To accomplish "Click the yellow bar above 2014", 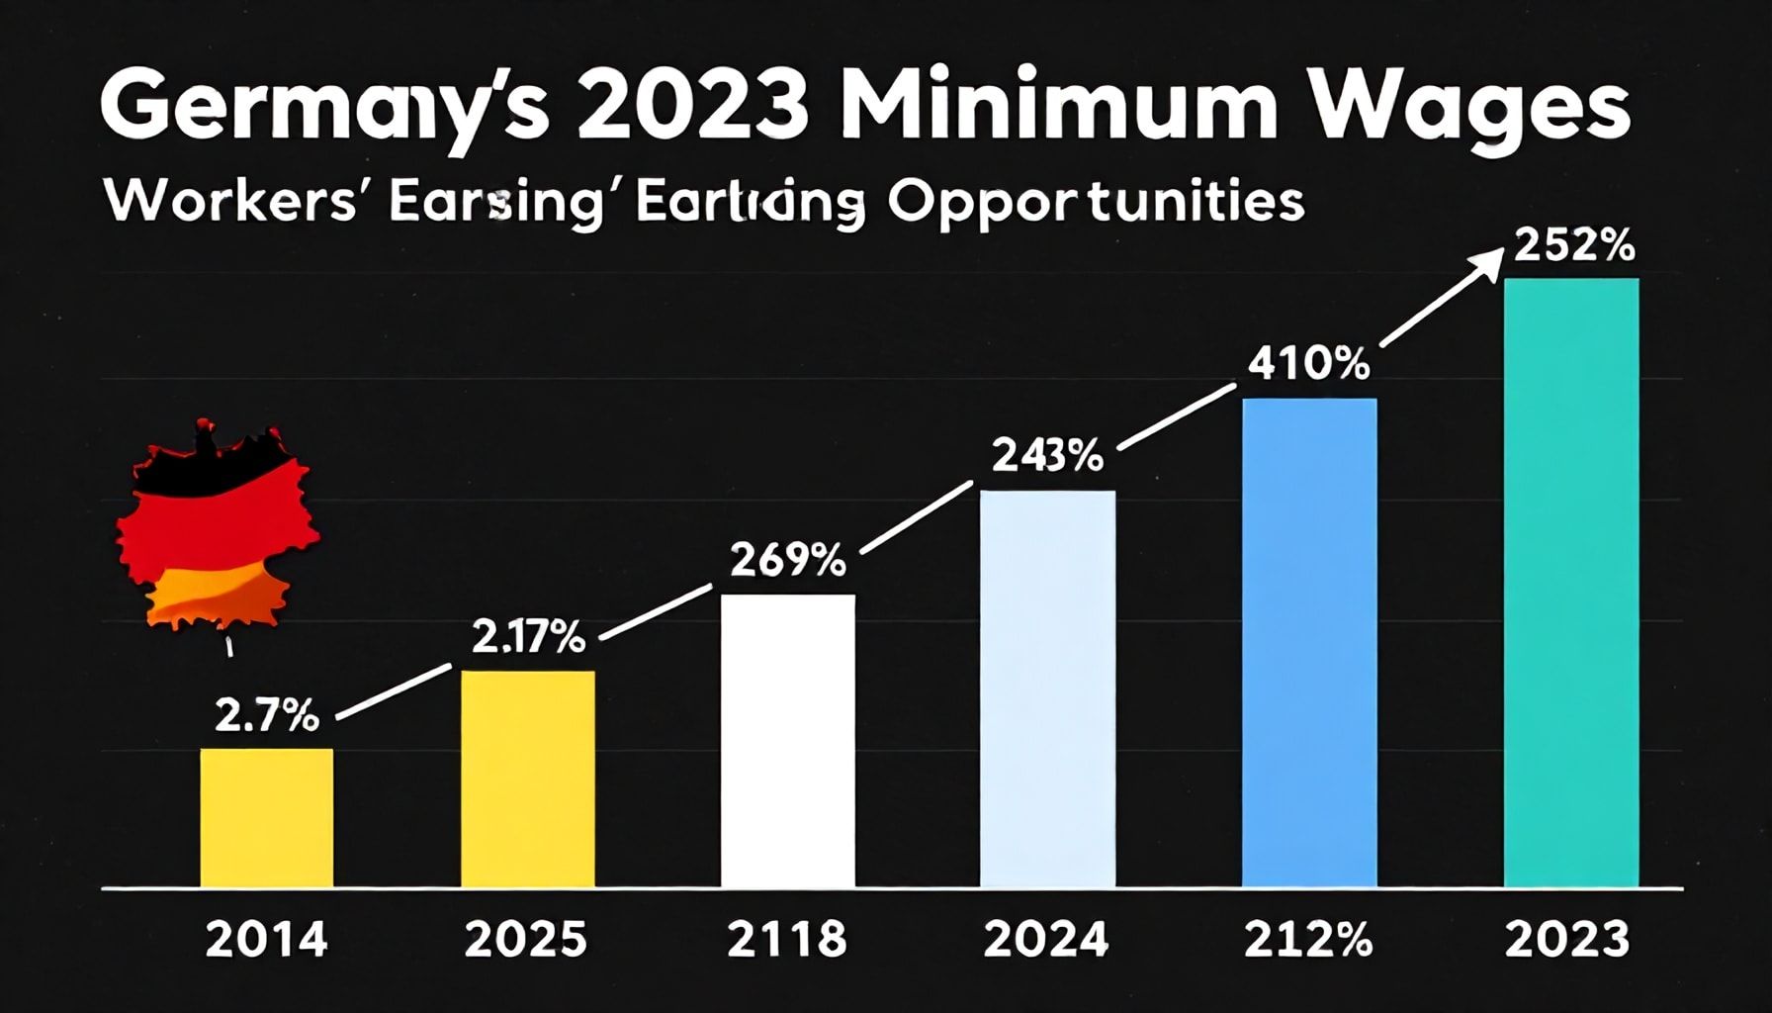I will [267, 817].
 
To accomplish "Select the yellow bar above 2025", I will [528, 779].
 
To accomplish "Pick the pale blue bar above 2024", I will [1047, 689].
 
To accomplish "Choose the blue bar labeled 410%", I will [1308, 642].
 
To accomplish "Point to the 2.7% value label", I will [266, 714].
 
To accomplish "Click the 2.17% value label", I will [527, 638].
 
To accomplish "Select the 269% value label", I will [787, 561].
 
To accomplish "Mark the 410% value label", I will [1308, 365].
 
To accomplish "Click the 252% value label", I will [1573, 246].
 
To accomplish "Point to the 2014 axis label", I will [266, 939].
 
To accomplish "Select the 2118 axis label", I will [787, 939].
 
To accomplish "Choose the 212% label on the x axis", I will [1308, 939].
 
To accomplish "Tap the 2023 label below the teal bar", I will [1567, 939].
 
